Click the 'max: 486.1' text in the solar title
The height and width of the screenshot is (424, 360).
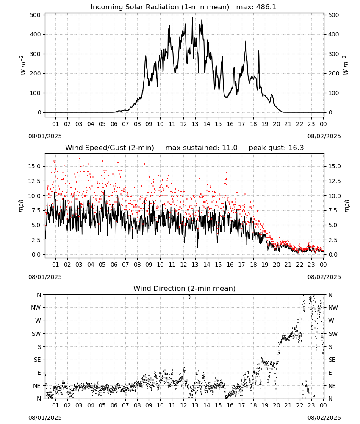pyautogui.click(x=256, y=7)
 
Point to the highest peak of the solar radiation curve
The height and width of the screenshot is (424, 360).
pyautogui.click(x=193, y=17)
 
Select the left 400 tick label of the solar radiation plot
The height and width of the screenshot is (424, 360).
pyautogui.click(x=36, y=35)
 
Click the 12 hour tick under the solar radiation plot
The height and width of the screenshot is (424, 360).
pyautogui.click(x=184, y=124)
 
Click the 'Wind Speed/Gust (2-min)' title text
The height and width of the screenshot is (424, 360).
pyautogui.click(x=110, y=148)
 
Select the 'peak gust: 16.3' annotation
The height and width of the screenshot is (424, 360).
pyautogui.click(x=276, y=148)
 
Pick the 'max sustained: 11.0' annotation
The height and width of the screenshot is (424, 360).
pyautogui.click(x=202, y=148)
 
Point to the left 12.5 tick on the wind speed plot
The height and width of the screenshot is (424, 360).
pyautogui.click(x=34, y=181)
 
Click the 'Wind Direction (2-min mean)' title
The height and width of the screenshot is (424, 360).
pyautogui.click(x=185, y=288)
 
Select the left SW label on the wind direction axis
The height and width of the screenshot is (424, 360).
pyautogui.click(x=36, y=334)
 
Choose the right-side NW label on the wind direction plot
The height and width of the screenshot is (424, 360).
pyautogui.click(x=333, y=308)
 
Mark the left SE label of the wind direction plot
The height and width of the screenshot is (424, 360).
pyautogui.click(x=37, y=360)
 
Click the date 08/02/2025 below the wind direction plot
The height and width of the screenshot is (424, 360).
pyautogui.click(x=324, y=418)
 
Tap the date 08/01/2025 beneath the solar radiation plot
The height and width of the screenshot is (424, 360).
pyautogui.click(x=45, y=136)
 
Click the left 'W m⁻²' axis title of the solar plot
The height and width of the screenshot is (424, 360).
pyautogui.click(x=23, y=65)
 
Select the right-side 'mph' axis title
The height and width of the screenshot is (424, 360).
pyautogui.click(x=346, y=206)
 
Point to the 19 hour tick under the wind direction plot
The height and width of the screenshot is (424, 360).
pyautogui.click(x=265, y=406)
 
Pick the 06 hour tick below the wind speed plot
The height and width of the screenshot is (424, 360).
pyautogui.click(x=114, y=265)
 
